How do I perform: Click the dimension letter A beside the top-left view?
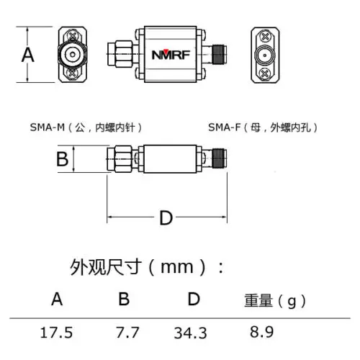(x=27, y=55)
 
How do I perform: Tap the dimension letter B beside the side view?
(x=63, y=158)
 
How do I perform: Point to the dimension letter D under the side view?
(x=166, y=217)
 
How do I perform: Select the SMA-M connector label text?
(x=86, y=127)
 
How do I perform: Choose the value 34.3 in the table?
(x=190, y=333)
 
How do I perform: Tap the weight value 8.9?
(x=260, y=333)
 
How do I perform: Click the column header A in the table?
(x=57, y=299)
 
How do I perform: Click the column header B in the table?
(x=123, y=299)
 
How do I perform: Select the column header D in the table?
(x=192, y=299)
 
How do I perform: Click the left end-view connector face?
(x=72, y=54)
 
